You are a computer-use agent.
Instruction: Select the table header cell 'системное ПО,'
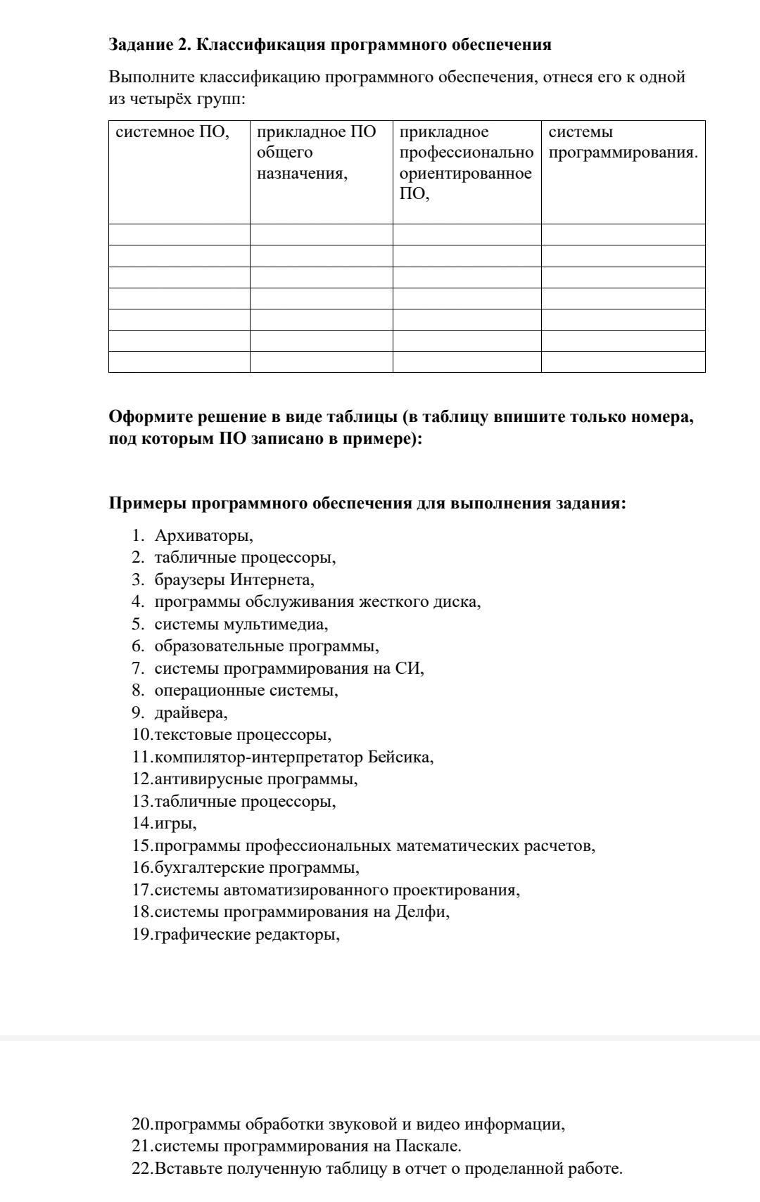(x=172, y=132)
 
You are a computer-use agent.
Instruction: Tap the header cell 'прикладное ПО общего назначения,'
(x=316, y=153)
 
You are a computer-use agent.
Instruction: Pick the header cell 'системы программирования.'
(x=622, y=143)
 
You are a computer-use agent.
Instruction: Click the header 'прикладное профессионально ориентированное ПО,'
(x=465, y=163)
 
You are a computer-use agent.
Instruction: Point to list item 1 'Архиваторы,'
(x=203, y=535)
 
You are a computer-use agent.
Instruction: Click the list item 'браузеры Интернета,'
(x=234, y=580)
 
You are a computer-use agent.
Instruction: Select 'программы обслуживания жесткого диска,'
(x=317, y=602)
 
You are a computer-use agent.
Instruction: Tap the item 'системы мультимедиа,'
(x=241, y=624)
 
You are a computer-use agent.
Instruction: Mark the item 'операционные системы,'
(x=246, y=690)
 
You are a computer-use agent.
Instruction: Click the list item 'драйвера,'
(x=191, y=712)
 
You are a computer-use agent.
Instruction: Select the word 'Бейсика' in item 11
(x=398, y=757)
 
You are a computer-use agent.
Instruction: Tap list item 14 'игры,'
(x=175, y=823)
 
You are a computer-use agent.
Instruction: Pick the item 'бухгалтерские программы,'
(x=257, y=867)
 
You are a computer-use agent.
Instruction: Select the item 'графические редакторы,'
(x=247, y=934)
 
